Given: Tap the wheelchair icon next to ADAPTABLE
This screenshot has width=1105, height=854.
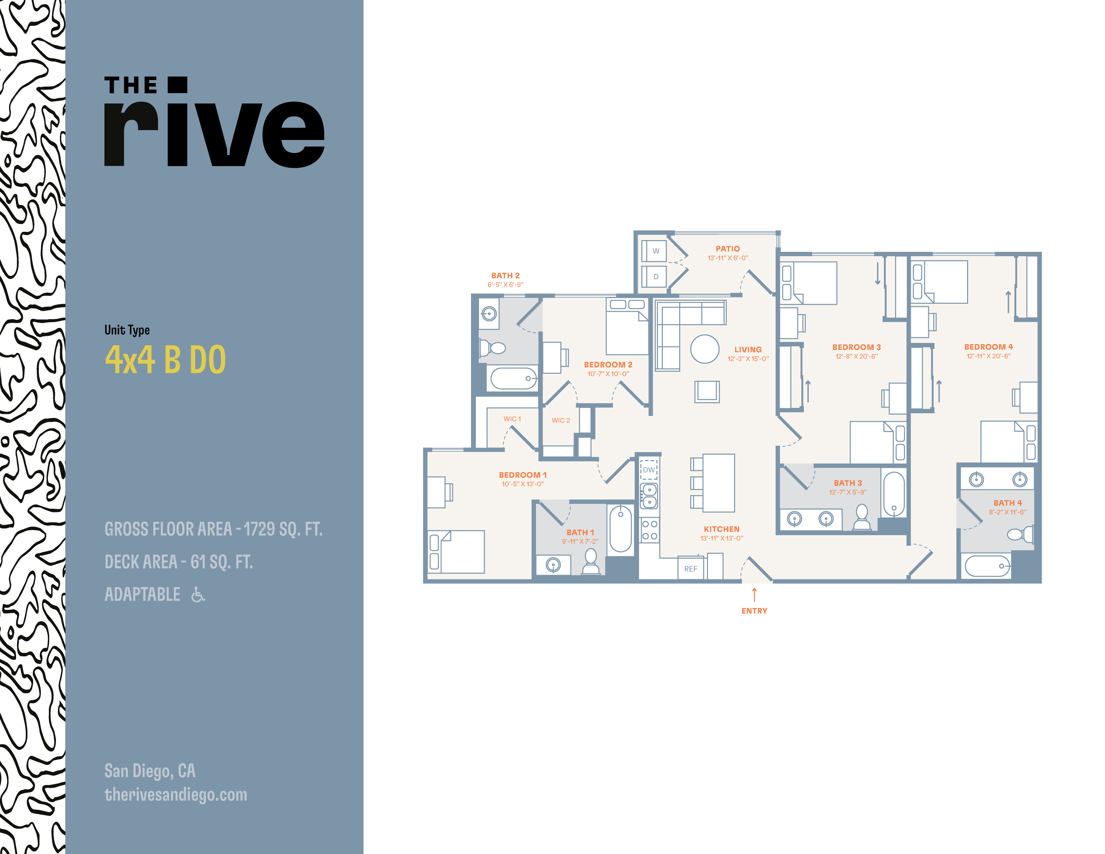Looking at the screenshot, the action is pos(198,594).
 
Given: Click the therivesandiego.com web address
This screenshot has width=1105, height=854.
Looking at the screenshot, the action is pos(175,794).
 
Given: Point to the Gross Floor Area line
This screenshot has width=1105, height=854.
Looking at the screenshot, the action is pos(213,529).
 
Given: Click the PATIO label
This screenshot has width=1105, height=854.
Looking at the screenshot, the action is pos(727,248).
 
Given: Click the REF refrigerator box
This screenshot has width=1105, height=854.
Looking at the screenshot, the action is pos(691,568).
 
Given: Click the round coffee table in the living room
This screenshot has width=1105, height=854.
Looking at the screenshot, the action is pos(705,349).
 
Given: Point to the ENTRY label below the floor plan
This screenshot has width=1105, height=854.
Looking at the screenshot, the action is pos(755,611).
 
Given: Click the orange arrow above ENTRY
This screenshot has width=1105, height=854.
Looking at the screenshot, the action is pos(755,595).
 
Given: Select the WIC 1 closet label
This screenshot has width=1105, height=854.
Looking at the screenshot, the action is pos(512,419).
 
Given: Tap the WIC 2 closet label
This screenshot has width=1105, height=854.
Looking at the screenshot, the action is pos(561,420).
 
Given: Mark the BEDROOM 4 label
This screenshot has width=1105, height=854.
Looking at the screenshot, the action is pos(989,347).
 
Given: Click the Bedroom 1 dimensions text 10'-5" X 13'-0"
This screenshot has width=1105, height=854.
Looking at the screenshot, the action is pos(523,484).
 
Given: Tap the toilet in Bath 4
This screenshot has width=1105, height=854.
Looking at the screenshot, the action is pos(1020,533).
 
